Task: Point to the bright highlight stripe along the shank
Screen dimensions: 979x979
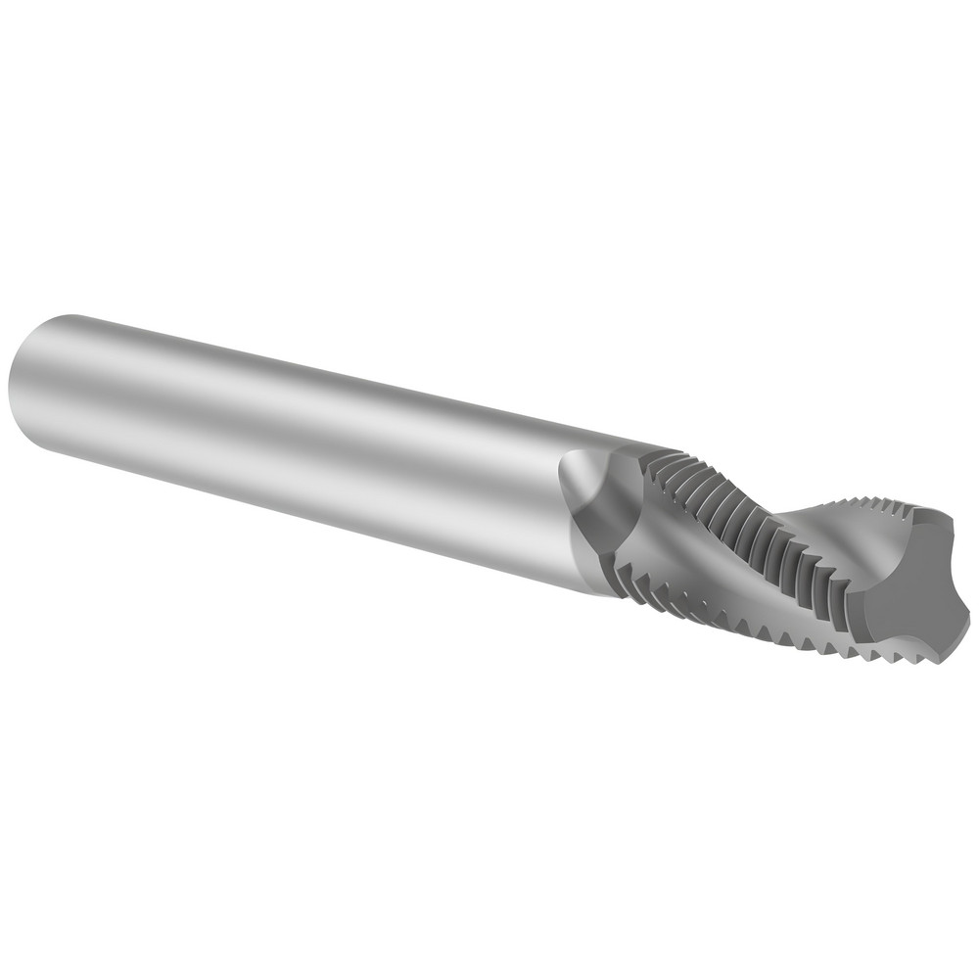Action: tap(294, 392)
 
